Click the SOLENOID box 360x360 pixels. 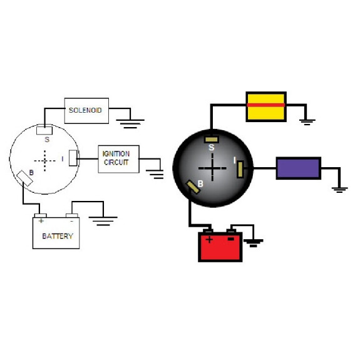86,111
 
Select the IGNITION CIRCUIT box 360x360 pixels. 118,159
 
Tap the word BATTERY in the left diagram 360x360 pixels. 58,236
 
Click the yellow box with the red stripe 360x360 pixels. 266,106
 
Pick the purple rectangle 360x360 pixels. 299,168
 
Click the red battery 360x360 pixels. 220,245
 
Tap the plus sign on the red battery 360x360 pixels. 209,240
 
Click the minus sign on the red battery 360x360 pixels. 231,239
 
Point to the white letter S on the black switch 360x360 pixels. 211,147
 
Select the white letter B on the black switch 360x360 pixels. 200,183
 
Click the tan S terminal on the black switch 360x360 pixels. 211,140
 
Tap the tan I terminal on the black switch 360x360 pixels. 240,169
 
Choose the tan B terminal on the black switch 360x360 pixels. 193,187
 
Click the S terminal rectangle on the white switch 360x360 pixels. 44,130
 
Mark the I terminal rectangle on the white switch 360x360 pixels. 73,158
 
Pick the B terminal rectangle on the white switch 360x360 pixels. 24,178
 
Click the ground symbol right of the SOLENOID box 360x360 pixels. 130,123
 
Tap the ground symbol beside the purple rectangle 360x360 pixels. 339,190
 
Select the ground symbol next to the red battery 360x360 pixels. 253,243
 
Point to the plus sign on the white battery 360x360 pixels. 41,221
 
